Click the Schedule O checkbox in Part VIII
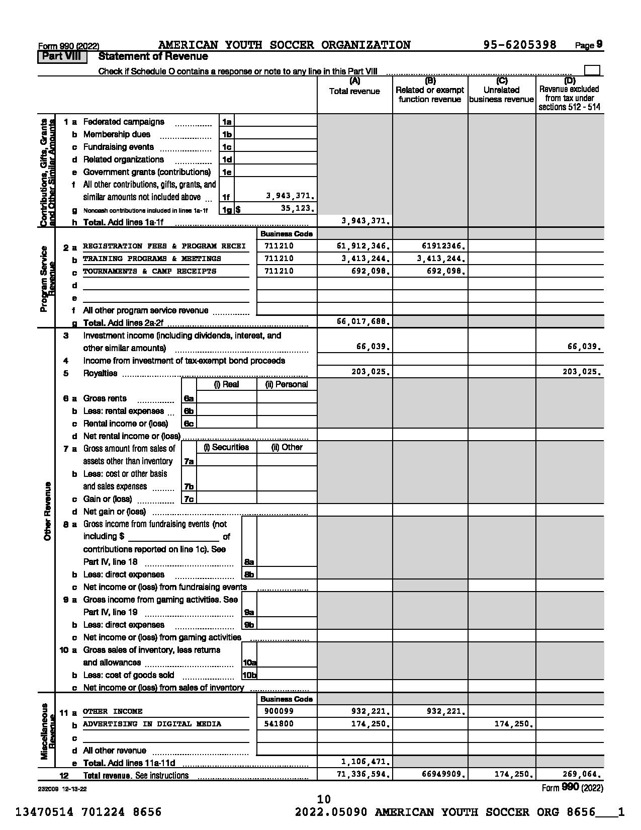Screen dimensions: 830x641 point(592,70)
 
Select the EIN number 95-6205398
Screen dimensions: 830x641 point(520,45)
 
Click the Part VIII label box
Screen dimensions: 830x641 point(62,57)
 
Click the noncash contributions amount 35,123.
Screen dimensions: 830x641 point(297,208)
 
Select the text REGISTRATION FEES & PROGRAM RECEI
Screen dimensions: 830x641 point(164,246)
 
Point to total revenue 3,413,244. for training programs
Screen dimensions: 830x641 point(363,259)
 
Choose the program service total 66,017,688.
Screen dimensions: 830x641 point(363,321)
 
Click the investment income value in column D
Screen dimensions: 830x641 point(584,347)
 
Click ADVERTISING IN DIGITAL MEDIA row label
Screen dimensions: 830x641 point(152,724)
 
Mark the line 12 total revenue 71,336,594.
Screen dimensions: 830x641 point(363,774)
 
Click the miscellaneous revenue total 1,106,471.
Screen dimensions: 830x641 point(366,762)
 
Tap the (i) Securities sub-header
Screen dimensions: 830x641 point(226,447)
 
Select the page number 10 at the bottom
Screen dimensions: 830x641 point(324,799)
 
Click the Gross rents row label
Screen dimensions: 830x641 point(105,398)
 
